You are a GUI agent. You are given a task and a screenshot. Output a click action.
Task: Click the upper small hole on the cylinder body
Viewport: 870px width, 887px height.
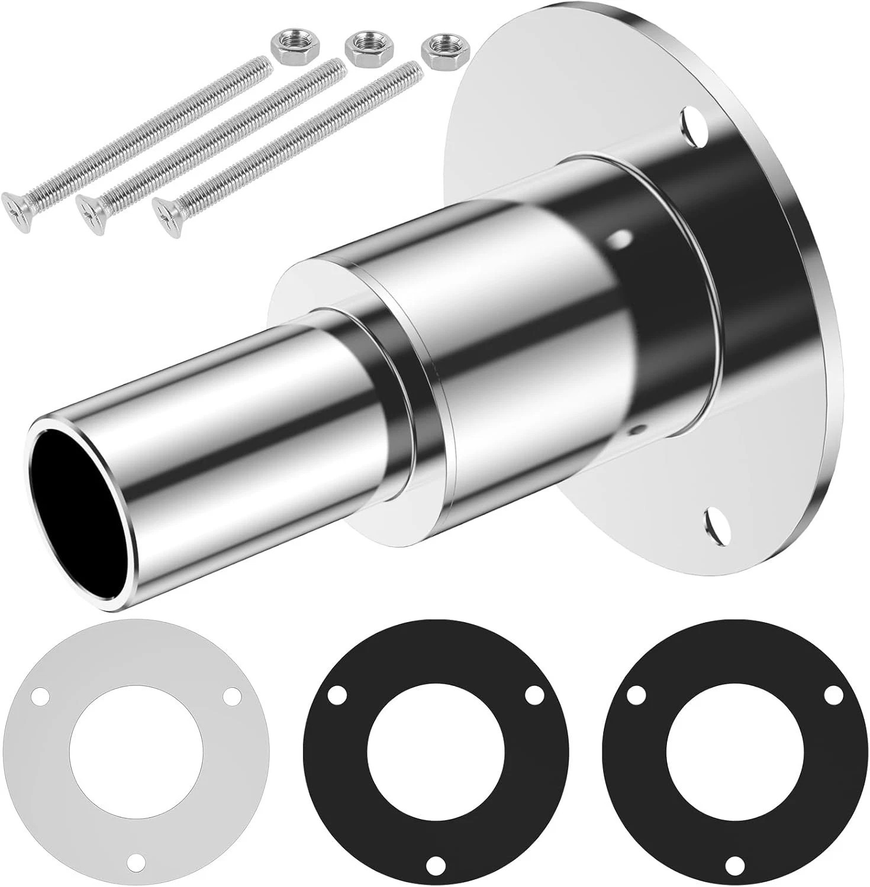[621, 240]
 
